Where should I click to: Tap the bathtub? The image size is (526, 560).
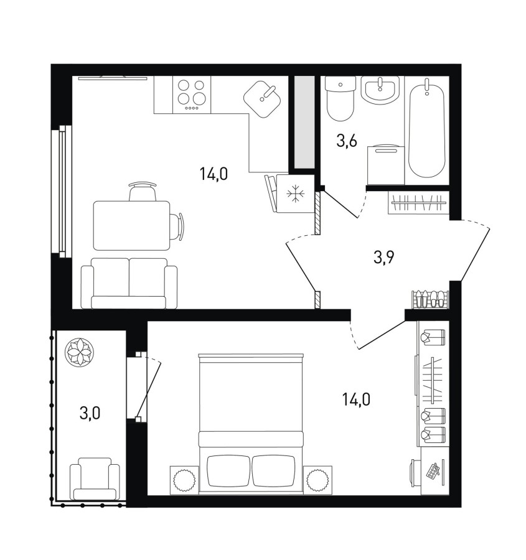click(x=426, y=128)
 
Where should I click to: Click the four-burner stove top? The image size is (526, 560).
click(x=192, y=95)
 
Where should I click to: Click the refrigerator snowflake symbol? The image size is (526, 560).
click(x=296, y=194)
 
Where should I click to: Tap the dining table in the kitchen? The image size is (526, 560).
click(x=131, y=225)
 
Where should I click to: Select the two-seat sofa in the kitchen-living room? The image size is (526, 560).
click(x=129, y=283)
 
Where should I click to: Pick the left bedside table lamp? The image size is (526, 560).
click(x=184, y=480)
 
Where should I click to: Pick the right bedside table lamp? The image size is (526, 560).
click(x=317, y=480)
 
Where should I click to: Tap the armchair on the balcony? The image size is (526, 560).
click(x=95, y=478)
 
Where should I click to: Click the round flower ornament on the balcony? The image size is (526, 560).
click(x=79, y=351)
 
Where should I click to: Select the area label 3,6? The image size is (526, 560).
click(x=347, y=141)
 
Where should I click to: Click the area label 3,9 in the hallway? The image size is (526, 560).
click(x=384, y=257)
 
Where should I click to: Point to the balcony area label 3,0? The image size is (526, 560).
click(x=90, y=413)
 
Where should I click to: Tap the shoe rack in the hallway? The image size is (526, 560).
click(x=431, y=299)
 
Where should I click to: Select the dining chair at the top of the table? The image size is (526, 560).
click(x=143, y=192)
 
